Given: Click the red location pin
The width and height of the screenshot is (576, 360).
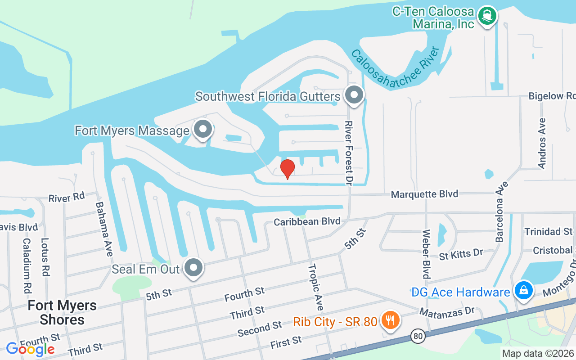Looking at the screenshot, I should coord(288,169).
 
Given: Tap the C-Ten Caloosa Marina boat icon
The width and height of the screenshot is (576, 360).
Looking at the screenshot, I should coord(487,16).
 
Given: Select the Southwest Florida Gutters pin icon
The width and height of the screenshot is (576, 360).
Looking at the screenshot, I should coord(354,95).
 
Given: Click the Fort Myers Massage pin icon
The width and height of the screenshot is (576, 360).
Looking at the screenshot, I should coord(203,129).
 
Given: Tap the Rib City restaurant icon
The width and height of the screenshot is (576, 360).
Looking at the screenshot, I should coord(388,320).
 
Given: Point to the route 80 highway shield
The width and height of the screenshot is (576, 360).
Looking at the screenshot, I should coord(418,335).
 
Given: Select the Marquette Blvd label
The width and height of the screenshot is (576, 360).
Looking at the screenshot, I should coord(424,194).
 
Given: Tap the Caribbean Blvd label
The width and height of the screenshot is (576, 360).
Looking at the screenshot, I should coord(307,221).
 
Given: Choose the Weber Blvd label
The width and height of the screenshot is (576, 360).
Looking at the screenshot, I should coord(426,254).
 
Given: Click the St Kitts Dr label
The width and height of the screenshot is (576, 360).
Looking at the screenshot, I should coord(461,254).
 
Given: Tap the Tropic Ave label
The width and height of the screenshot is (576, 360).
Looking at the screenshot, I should coord(315,287).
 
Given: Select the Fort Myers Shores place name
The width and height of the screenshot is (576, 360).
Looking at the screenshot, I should coord(62,312).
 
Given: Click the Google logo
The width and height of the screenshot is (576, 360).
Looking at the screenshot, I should coord(30,349).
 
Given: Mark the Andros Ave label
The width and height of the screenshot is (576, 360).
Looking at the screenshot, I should coord(542,143).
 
